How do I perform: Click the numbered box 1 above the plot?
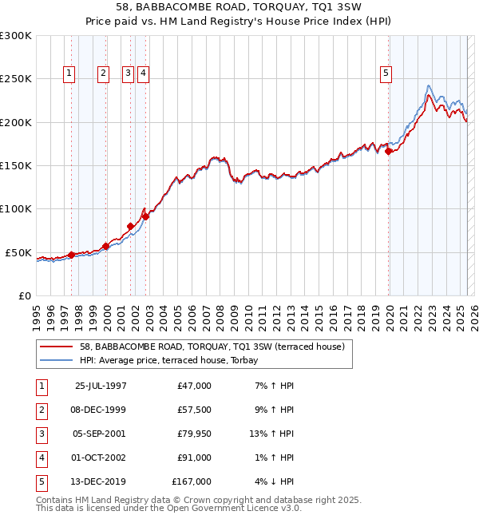pyautogui.click(x=69, y=73)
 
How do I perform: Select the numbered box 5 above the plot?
pyautogui.click(x=386, y=73)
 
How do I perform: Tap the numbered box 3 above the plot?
pyautogui.click(x=128, y=73)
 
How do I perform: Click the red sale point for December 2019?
pyautogui.click(x=388, y=150)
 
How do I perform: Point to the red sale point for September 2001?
pyautogui.click(x=130, y=226)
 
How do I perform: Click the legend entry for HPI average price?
pyautogui.click(x=169, y=360)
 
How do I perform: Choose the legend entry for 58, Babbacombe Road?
pyautogui.click(x=212, y=347)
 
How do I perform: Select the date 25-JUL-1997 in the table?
pyautogui.click(x=101, y=386)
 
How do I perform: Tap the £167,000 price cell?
pyautogui.click(x=192, y=481)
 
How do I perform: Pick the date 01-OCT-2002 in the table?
pyautogui.click(x=101, y=458)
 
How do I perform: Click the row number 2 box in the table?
pyautogui.click(x=41, y=410)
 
